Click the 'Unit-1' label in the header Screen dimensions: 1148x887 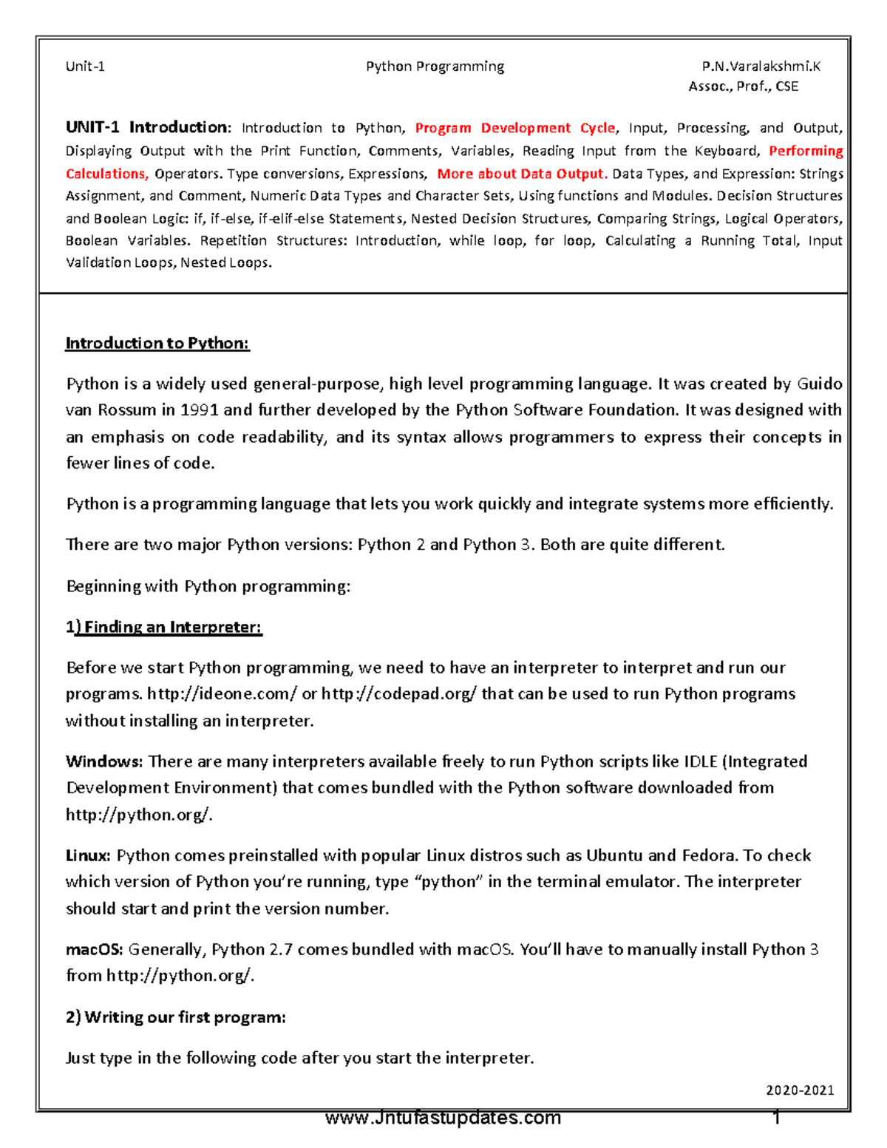pyautogui.click(x=85, y=67)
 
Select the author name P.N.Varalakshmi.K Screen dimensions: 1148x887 pyautogui.click(x=761, y=67)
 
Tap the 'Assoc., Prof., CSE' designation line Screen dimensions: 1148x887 pyautogui.click(x=743, y=86)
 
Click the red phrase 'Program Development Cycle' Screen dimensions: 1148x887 pyautogui.click(x=514, y=128)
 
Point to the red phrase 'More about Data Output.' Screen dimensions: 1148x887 pyautogui.click(x=522, y=174)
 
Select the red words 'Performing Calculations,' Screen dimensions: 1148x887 pyautogui.click(x=806, y=151)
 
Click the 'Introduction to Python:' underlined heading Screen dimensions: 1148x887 pyautogui.click(x=157, y=343)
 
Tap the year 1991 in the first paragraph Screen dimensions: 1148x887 pyautogui.click(x=200, y=410)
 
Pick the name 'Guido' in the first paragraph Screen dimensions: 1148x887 pyautogui.click(x=820, y=384)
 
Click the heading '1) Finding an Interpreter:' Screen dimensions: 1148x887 pyautogui.click(x=163, y=627)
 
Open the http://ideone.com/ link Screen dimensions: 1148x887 pyautogui.click(x=222, y=694)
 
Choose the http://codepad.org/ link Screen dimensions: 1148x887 pyautogui.click(x=399, y=694)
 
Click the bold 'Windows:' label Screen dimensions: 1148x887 pyautogui.click(x=104, y=761)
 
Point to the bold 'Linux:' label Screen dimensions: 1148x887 pyautogui.click(x=88, y=855)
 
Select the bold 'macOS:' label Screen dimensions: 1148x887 pyautogui.click(x=95, y=949)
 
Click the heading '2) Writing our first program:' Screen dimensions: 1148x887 pyautogui.click(x=175, y=1017)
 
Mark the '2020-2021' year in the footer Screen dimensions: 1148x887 pyautogui.click(x=800, y=1090)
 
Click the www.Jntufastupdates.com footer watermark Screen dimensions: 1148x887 pyautogui.click(x=443, y=1118)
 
